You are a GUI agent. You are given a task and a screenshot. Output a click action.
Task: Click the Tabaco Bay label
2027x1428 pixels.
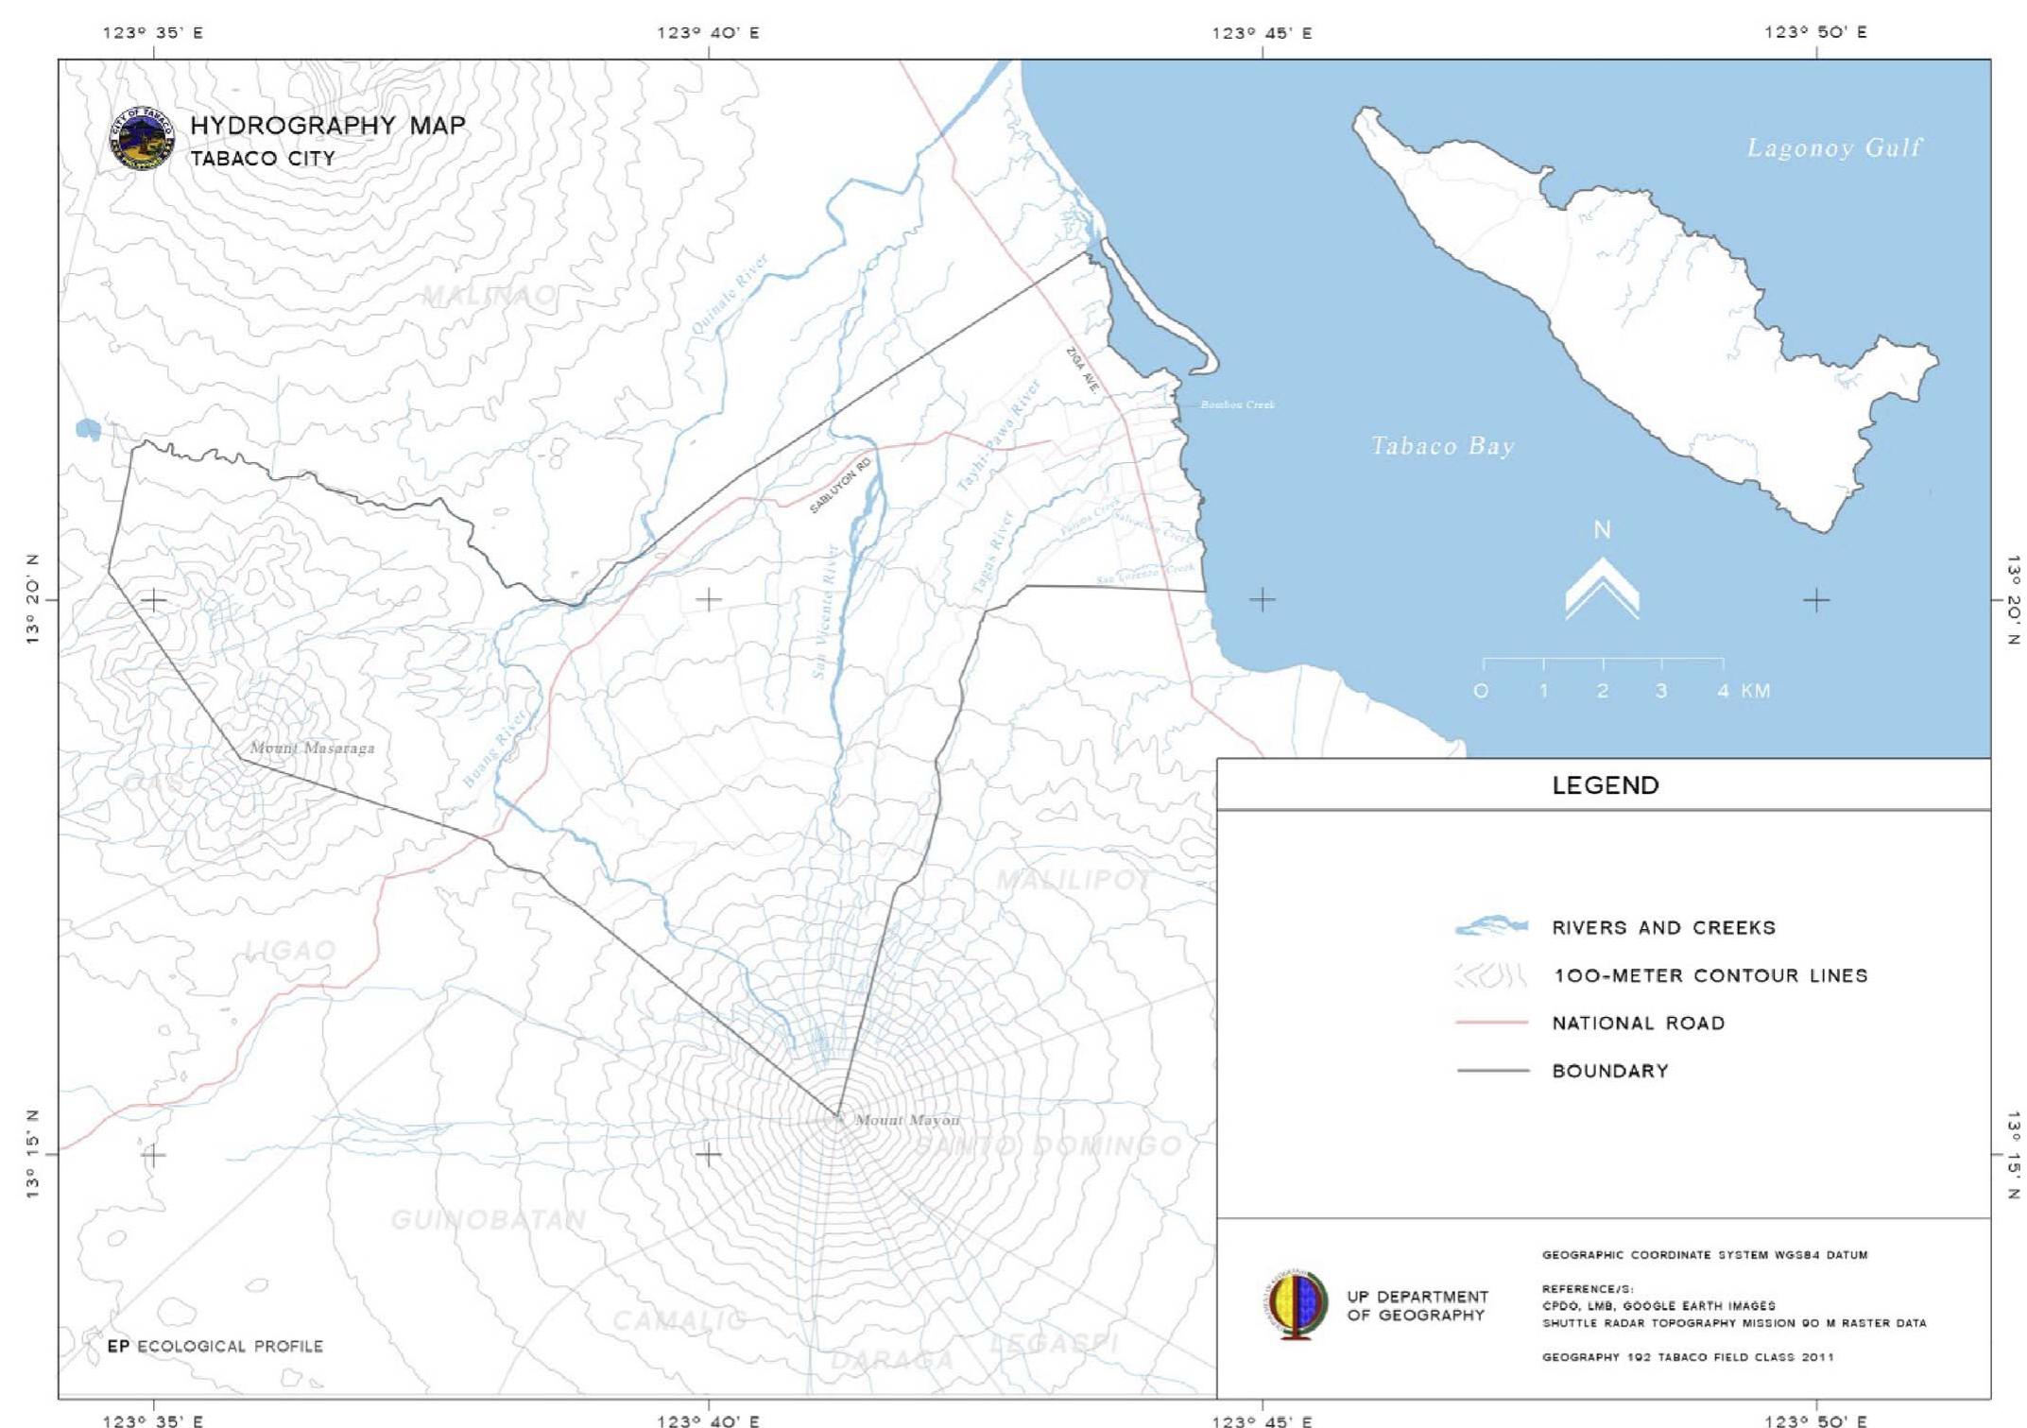click(1442, 446)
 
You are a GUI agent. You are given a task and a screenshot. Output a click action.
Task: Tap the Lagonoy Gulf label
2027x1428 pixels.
click(1833, 148)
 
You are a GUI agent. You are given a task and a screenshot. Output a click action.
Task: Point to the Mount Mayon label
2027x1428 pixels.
click(907, 1120)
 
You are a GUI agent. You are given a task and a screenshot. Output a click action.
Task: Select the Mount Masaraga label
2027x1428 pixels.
click(312, 748)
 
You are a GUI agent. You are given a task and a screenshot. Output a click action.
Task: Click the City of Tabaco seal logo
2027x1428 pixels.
click(142, 138)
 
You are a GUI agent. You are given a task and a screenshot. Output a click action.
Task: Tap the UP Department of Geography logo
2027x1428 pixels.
click(1295, 1304)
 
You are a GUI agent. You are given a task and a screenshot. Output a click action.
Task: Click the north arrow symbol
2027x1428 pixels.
click(1602, 586)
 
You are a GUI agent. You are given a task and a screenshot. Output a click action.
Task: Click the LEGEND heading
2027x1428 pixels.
click(1606, 785)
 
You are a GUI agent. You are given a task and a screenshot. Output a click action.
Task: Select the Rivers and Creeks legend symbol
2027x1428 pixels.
click(1491, 926)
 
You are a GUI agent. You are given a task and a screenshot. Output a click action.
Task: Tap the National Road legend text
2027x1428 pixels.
click(1638, 1023)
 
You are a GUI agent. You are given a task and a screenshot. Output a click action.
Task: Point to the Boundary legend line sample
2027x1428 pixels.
click(1492, 1071)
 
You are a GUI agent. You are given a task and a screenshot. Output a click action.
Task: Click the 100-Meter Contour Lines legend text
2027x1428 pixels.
click(1710, 975)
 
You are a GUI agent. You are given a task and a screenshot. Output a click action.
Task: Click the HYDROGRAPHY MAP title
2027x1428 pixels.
click(328, 126)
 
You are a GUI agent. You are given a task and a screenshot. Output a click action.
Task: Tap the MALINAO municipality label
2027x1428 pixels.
click(488, 296)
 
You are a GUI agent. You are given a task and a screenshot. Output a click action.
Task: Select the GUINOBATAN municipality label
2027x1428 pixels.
click(488, 1220)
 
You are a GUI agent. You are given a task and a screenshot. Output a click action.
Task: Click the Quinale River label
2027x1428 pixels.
click(730, 296)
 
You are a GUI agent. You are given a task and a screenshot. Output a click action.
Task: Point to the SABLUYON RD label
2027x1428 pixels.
click(840, 485)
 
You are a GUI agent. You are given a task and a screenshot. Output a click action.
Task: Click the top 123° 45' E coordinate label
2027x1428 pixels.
click(1262, 33)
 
